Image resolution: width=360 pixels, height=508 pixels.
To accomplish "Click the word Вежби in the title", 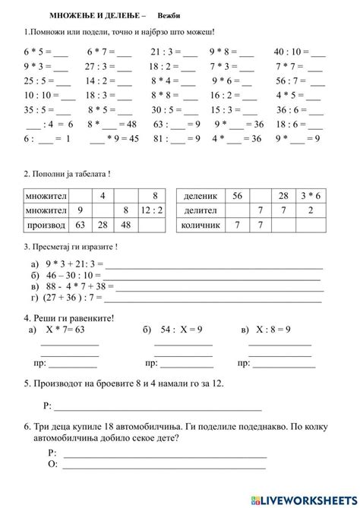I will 169,15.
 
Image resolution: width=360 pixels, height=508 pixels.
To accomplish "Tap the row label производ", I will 47,226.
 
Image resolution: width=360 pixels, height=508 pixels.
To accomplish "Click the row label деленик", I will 201,196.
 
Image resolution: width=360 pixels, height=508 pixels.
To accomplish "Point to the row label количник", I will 201,226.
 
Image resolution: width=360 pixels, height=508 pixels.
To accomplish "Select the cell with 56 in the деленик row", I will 237,196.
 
